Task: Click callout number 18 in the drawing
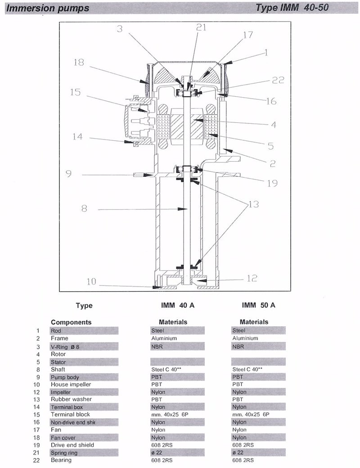point(79,63)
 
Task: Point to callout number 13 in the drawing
point(253,204)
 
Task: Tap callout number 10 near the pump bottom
point(91,281)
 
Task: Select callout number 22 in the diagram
point(278,80)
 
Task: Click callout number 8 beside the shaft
point(84,208)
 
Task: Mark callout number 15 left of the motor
point(75,92)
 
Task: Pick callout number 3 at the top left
point(120,29)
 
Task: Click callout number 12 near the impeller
point(252,278)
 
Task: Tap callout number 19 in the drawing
point(272,183)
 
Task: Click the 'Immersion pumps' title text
point(47,8)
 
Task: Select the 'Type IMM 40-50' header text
point(292,8)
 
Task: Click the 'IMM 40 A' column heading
point(178,305)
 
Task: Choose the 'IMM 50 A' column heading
point(258,305)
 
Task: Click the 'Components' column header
point(71,322)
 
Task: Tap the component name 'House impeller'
point(71,384)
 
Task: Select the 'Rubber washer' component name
point(72,399)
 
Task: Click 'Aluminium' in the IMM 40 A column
point(164,338)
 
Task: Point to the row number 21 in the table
point(36,453)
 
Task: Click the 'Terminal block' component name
point(70,414)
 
